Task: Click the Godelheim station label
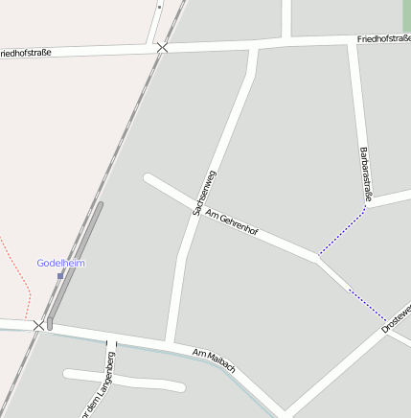coord(60,263)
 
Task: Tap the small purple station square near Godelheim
coord(60,275)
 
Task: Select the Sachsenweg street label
coord(203,192)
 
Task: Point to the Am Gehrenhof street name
coord(233,220)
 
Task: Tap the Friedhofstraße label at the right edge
coord(383,39)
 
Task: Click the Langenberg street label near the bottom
coord(98,387)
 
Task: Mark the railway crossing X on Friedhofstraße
coord(163,47)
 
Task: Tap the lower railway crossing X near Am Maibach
coord(39,326)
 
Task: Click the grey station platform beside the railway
coord(75,265)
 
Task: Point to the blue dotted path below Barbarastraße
coord(342,232)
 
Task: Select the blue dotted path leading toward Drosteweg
coord(367,305)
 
